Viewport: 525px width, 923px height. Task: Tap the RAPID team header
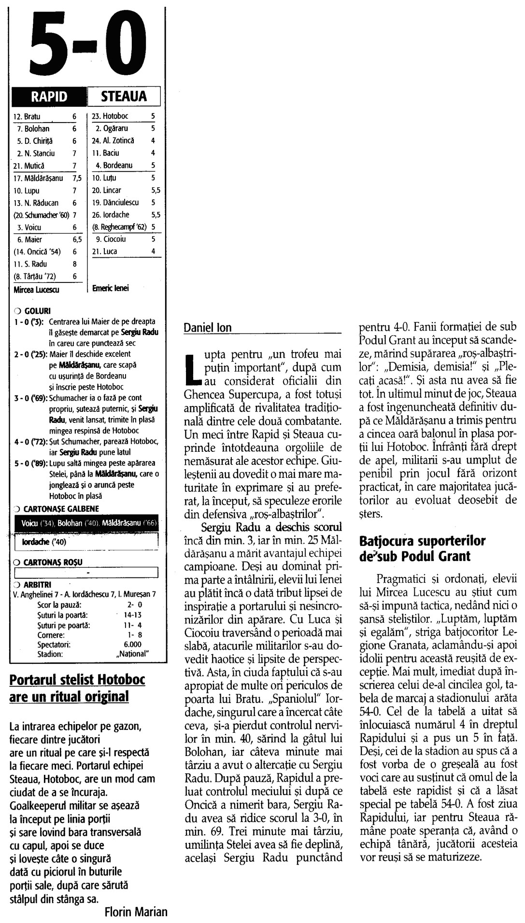click(x=49, y=96)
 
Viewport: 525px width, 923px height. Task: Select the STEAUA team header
click(x=124, y=96)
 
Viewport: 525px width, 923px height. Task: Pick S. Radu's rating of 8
click(x=74, y=264)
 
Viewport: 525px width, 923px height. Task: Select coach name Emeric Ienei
click(x=111, y=288)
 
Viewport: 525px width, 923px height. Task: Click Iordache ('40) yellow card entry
click(x=41, y=542)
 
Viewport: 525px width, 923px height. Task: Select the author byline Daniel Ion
click(x=208, y=328)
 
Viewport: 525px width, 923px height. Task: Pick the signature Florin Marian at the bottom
click(x=136, y=912)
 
